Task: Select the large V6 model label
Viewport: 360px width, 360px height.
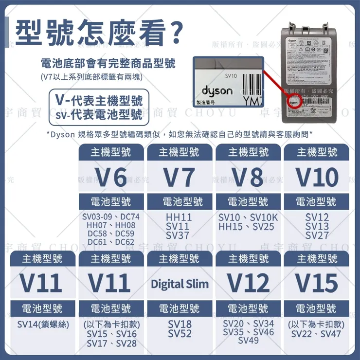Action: pyautogui.click(x=110, y=178)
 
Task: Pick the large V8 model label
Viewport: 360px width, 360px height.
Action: pyautogui.click(x=248, y=178)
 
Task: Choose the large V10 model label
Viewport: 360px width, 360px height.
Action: pyautogui.click(x=317, y=178)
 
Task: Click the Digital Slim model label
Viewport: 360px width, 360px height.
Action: pyautogui.click(x=179, y=284)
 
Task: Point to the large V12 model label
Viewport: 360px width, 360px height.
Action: pyautogui.click(x=248, y=283)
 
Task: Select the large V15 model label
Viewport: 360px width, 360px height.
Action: pyautogui.click(x=317, y=283)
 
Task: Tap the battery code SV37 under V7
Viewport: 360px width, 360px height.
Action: pyautogui.click(x=179, y=236)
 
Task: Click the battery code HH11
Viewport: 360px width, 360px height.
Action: pyautogui.click(x=179, y=217)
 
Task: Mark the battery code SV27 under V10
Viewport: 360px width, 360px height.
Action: pyautogui.click(x=317, y=236)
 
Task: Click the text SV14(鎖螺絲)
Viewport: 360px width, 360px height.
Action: pyautogui.click(x=43, y=324)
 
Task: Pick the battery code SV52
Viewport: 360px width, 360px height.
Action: pyautogui.click(x=179, y=334)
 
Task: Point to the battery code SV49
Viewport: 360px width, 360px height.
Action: pyautogui.click(x=248, y=341)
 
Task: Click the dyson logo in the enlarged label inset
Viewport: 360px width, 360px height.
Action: pyautogui.click(x=217, y=91)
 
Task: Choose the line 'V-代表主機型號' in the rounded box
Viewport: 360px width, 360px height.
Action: pyautogui.click(x=99, y=101)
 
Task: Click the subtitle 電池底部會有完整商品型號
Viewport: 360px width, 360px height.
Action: pyautogui.click(x=108, y=64)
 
